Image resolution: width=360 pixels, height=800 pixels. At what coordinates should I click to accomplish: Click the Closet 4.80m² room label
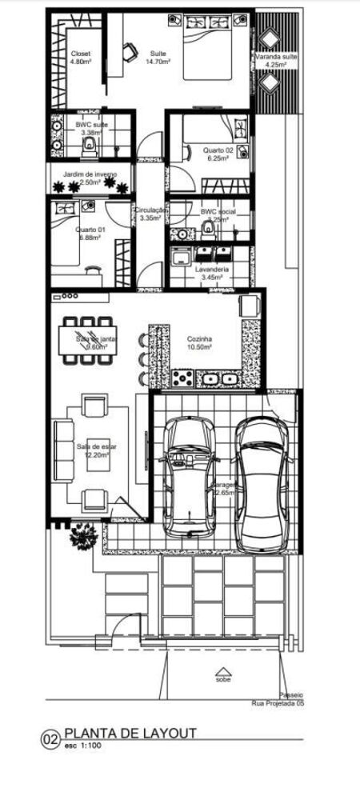[x=81, y=57]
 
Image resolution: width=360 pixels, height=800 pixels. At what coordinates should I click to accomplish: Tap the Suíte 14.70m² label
[x=158, y=57]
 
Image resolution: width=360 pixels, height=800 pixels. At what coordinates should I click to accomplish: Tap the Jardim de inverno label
[x=90, y=178]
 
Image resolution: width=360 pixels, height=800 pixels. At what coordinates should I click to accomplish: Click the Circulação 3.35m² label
[x=150, y=214]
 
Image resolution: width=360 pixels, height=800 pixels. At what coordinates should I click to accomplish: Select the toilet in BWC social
[x=209, y=230]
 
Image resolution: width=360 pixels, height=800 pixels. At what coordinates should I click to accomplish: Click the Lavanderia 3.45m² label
[x=212, y=274]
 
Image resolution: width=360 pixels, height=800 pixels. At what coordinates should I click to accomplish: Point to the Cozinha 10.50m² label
[x=199, y=342]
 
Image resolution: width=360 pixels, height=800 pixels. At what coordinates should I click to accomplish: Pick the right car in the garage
[x=262, y=484]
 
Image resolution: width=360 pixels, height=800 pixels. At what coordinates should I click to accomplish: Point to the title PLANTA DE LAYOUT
[x=130, y=733]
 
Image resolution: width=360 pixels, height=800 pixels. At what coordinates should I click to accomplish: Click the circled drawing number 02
[x=51, y=739]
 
